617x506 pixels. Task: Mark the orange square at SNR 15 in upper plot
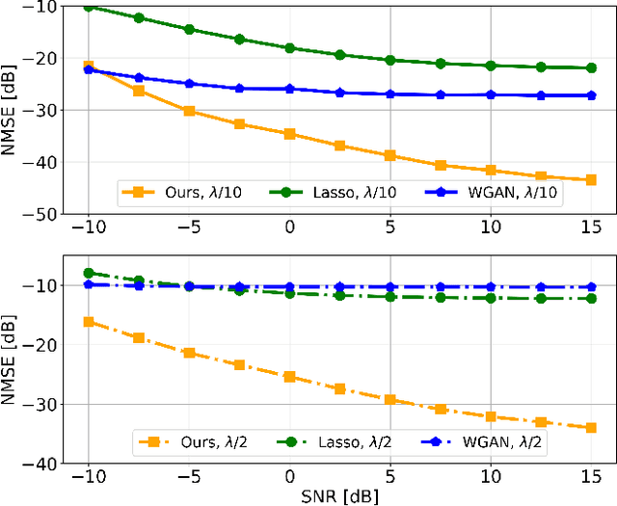[x=591, y=180]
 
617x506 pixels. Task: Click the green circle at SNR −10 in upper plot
[x=89, y=6]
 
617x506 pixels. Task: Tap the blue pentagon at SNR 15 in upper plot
[x=591, y=95]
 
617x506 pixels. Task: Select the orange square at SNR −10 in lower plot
[x=89, y=321]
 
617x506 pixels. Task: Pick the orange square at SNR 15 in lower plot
[x=591, y=427]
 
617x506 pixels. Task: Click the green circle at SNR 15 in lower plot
[x=591, y=299]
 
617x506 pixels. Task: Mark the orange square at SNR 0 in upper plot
[x=289, y=134]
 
